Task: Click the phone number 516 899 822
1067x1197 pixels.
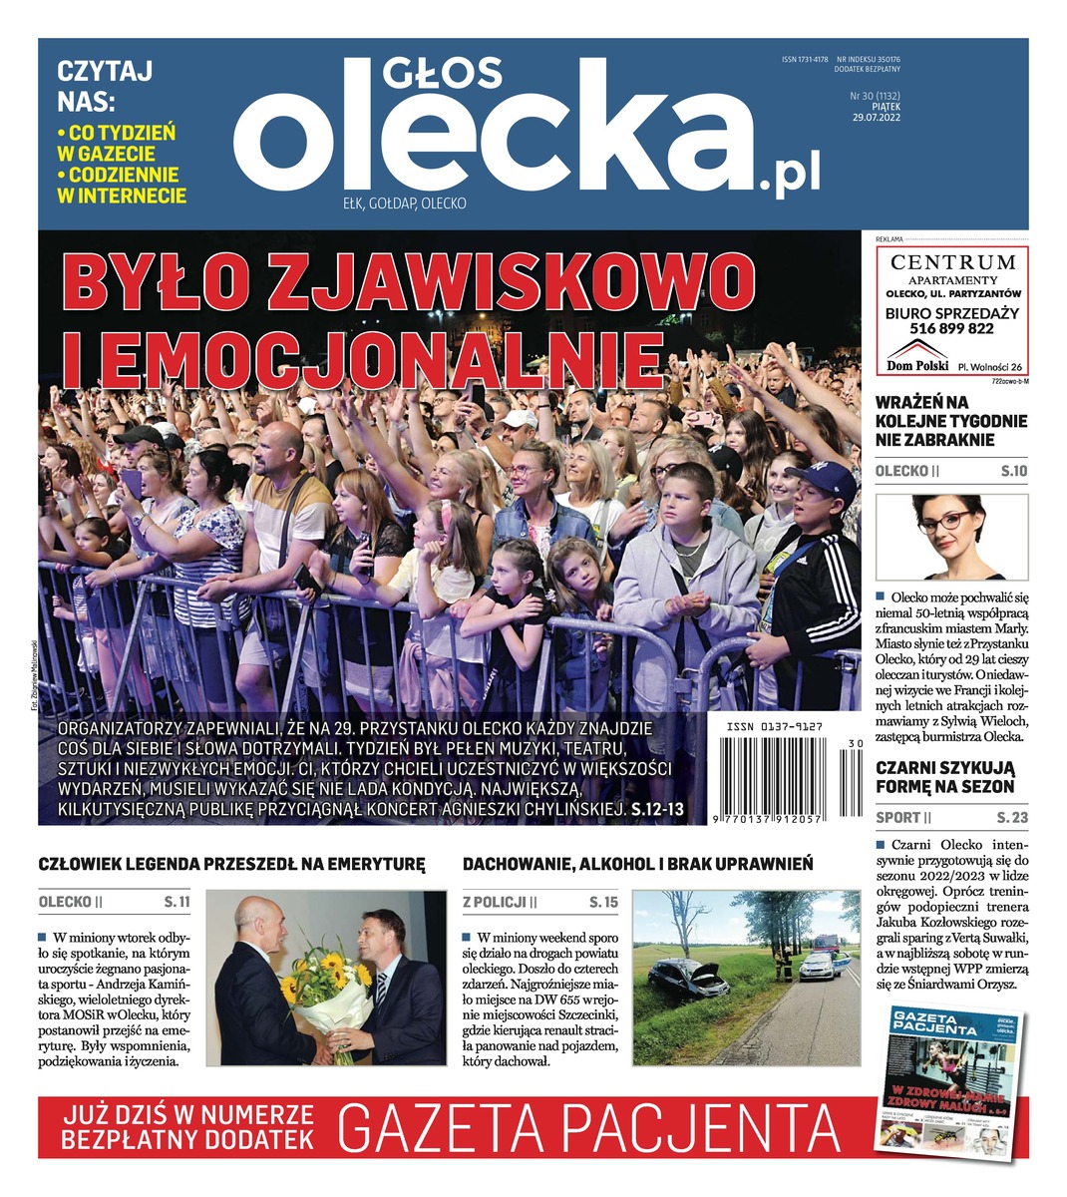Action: pos(952,328)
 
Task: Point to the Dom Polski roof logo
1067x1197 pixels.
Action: pos(916,352)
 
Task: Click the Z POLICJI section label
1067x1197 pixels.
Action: pos(494,903)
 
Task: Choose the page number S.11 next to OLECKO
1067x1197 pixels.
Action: pos(177,903)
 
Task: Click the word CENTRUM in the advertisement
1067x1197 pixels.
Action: pos(952,262)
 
